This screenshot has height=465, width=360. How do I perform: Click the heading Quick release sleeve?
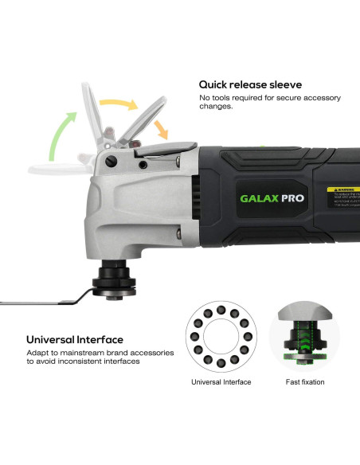coord(250,84)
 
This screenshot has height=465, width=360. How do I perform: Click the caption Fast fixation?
coord(305,382)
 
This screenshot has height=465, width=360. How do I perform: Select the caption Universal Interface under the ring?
coord(221,382)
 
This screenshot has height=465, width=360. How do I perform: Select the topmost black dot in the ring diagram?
coord(221,306)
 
